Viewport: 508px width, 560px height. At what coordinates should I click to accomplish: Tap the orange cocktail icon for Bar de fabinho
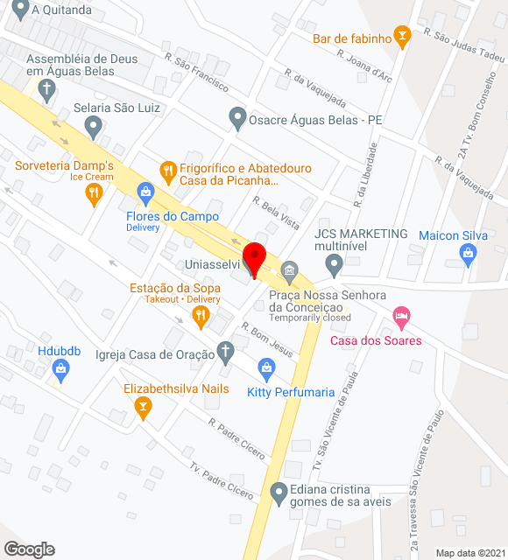pyautogui.click(x=402, y=35)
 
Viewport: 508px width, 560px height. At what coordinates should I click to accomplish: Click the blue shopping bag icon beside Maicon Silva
pyautogui.click(x=468, y=255)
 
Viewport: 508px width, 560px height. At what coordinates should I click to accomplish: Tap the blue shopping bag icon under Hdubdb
pyautogui.click(x=60, y=371)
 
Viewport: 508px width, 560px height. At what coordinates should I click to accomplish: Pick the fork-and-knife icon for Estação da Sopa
pyautogui.click(x=201, y=316)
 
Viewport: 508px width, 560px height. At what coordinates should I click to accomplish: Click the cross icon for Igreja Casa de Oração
pyautogui.click(x=225, y=353)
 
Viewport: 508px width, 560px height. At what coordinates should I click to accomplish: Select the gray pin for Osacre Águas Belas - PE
pyautogui.click(x=236, y=115)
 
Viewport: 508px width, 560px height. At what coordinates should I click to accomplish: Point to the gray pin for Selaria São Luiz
pyautogui.click(x=93, y=128)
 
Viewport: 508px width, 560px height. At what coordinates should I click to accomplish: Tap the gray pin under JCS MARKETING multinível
pyautogui.click(x=333, y=262)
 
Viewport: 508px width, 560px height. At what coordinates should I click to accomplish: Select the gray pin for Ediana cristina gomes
pyautogui.click(x=279, y=494)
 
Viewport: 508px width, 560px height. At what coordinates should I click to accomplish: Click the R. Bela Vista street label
pyautogui.click(x=276, y=213)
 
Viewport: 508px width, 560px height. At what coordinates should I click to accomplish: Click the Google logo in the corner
pyautogui.click(x=29, y=549)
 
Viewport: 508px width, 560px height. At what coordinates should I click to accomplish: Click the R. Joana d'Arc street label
pyautogui.click(x=364, y=65)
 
